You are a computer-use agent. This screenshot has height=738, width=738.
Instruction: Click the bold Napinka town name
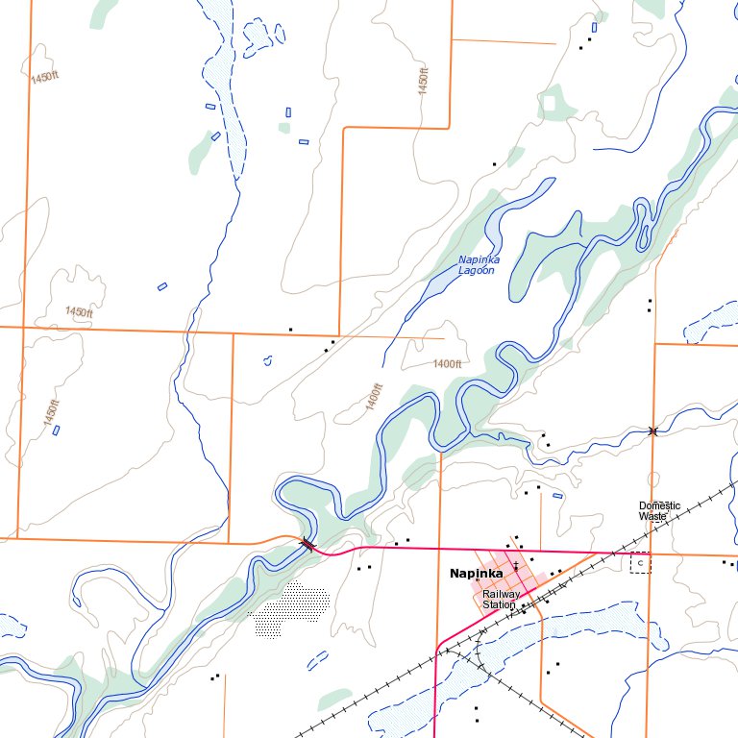(x=476, y=574)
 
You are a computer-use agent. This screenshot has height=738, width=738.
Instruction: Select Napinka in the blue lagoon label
(x=479, y=259)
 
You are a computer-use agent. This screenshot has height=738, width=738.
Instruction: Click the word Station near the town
(x=500, y=605)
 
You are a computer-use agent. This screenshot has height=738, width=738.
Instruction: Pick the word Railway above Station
(x=502, y=594)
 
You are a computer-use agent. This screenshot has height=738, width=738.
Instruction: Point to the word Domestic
(x=659, y=505)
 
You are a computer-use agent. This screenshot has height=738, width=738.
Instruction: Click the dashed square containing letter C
(x=640, y=563)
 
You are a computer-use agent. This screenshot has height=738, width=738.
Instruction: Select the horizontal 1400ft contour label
(x=447, y=364)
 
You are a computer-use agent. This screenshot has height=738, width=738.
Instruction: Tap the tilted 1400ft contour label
(x=374, y=398)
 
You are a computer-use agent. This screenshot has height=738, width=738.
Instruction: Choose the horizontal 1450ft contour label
(x=79, y=312)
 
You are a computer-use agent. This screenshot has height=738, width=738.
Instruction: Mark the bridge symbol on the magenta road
(x=307, y=545)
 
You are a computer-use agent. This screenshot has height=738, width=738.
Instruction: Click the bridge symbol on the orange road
(x=653, y=430)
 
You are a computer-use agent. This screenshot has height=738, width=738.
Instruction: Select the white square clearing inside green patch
(x=552, y=102)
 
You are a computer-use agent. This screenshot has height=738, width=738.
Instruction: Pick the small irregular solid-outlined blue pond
(x=267, y=361)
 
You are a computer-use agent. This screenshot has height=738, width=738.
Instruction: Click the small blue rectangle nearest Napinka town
(x=557, y=496)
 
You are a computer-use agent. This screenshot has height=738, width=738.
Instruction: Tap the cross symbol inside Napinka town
(x=516, y=565)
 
